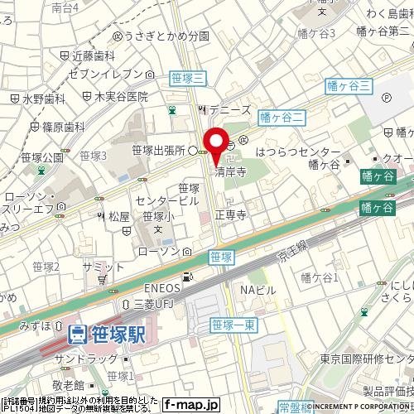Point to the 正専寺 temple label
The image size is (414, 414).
[232, 214]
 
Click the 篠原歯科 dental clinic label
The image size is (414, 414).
[62, 128]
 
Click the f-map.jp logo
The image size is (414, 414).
[191, 405]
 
